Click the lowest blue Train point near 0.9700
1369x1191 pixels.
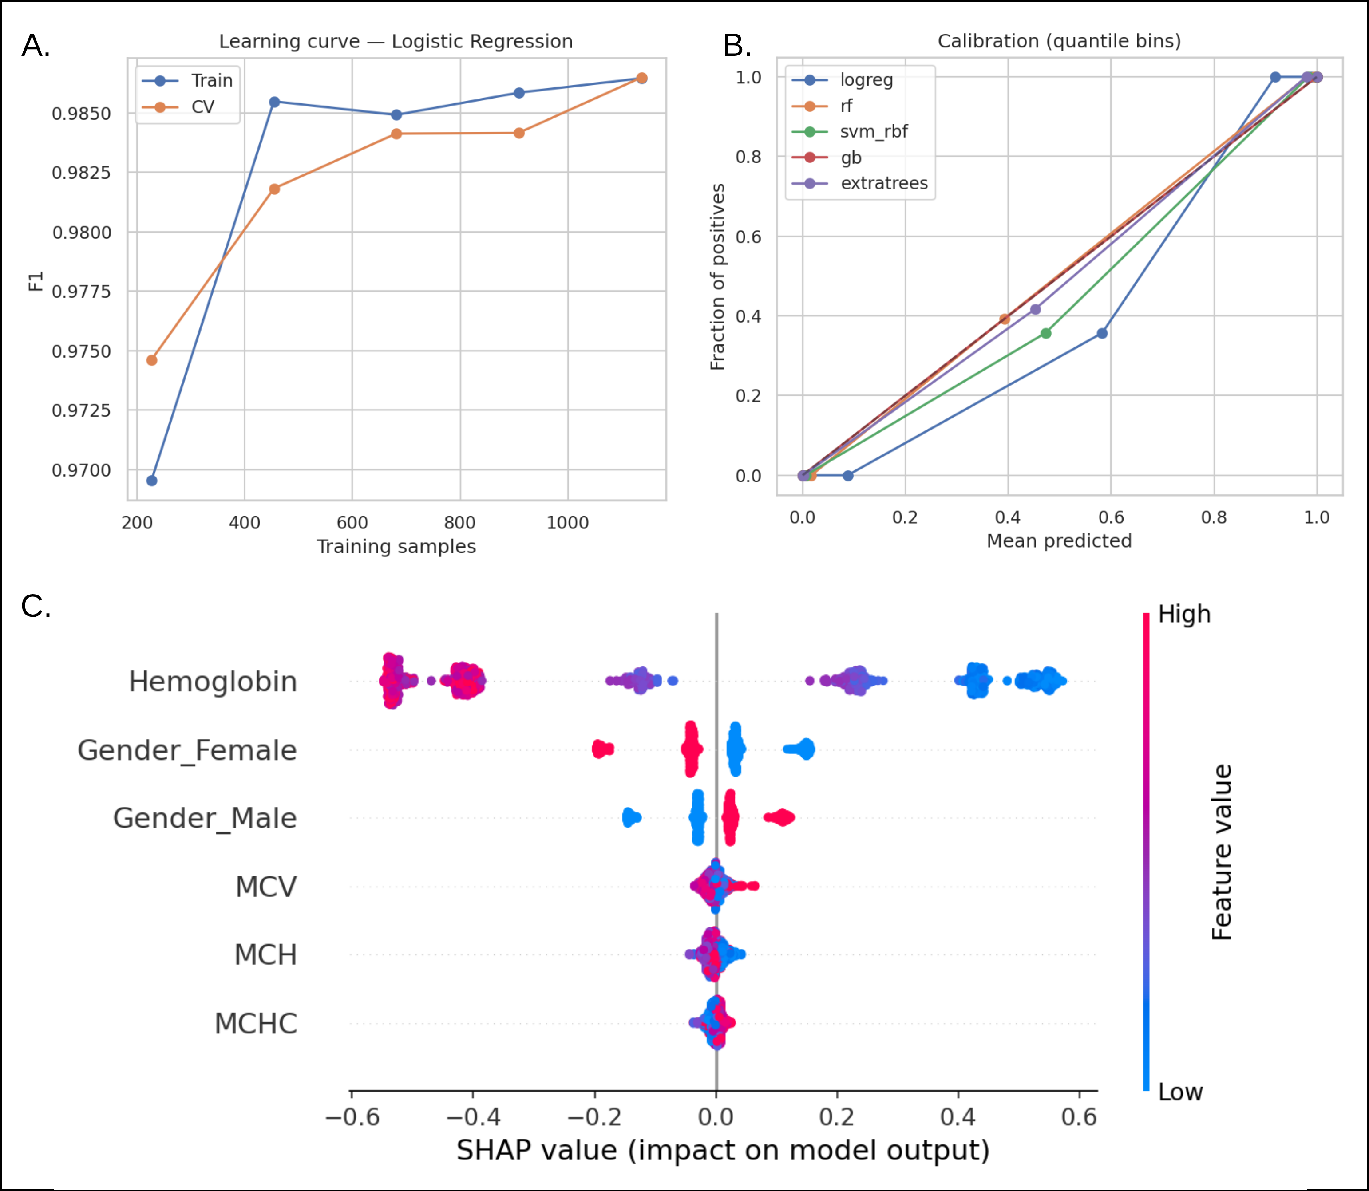click(x=152, y=481)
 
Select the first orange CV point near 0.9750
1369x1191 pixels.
click(x=152, y=360)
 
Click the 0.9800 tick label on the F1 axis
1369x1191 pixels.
click(x=82, y=233)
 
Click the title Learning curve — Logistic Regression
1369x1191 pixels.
click(x=396, y=41)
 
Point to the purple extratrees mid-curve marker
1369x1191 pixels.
click(x=1035, y=309)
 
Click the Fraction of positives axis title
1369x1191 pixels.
click(x=717, y=277)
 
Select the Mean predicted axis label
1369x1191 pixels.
click(x=1059, y=541)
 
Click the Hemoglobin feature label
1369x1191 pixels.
click(x=213, y=682)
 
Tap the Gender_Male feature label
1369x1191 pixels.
click(x=205, y=818)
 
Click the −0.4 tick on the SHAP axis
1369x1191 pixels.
click(x=473, y=1117)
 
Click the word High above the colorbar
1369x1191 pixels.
click(x=1184, y=614)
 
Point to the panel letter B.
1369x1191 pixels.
click(x=737, y=46)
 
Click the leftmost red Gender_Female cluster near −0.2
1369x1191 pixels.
click(x=602, y=749)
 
